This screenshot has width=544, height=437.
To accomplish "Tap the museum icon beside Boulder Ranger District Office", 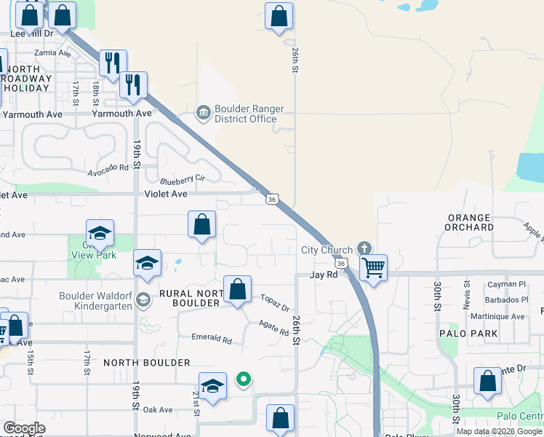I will [x=203, y=112].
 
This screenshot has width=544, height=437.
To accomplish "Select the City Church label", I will [x=327, y=250].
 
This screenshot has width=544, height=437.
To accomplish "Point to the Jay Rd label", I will [x=324, y=275].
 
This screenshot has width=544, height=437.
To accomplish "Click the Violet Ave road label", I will [x=166, y=194].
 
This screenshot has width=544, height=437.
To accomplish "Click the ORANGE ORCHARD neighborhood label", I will [x=471, y=222].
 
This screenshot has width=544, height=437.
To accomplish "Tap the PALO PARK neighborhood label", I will [x=468, y=334].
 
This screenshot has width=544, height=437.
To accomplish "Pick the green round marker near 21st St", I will [x=244, y=379].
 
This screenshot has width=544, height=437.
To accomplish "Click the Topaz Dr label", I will [x=276, y=303].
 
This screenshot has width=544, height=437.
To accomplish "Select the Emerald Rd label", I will [x=211, y=339].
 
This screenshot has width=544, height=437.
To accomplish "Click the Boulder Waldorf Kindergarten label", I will [x=96, y=301].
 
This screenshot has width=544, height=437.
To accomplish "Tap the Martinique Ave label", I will [x=498, y=317].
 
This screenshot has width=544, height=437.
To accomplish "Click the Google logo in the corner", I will [x=23, y=428].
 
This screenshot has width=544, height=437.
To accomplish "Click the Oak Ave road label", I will [x=158, y=410].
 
